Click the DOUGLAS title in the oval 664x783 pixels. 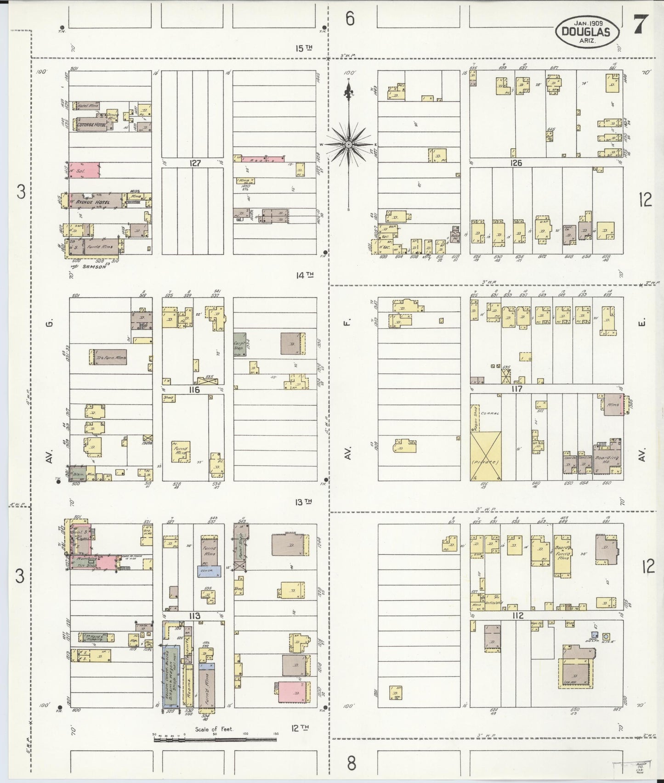[x=588, y=32]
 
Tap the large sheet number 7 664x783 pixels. [x=641, y=24]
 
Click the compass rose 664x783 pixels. [x=349, y=144]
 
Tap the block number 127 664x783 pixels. [x=195, y=163]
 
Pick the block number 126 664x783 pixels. [x=516, y=163]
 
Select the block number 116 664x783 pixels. [x=194, y=389]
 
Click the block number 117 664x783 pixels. [x=516, y=389]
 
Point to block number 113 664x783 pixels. [x=194, y=616]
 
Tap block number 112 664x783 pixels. [x=517, y=616]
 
